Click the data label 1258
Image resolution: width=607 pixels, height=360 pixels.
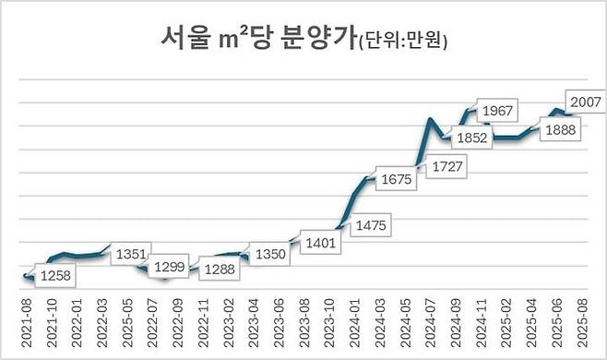pos(57,275)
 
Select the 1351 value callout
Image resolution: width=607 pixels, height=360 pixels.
pos(132,255)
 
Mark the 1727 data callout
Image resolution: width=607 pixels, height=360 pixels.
pos(446,166)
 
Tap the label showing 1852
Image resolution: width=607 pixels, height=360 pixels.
pos(470,137)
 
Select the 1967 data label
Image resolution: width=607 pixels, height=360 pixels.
pos(498,112)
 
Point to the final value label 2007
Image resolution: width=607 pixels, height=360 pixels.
pos(586,102)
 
